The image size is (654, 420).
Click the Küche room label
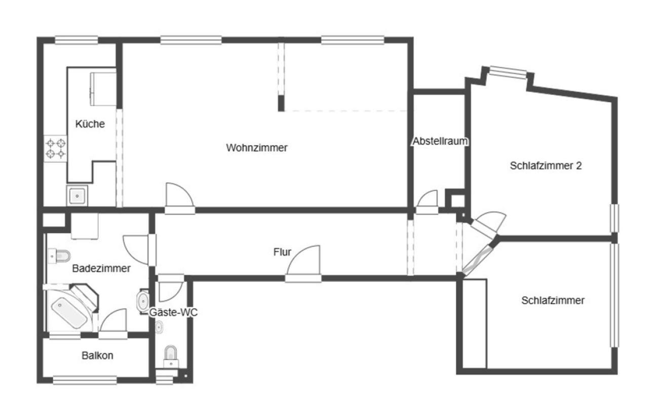[90, 124]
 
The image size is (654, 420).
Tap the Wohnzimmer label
[257, 148]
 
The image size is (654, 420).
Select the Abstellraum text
[440, 141]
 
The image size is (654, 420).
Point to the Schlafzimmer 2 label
[546, 165]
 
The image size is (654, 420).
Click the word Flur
[282, 252]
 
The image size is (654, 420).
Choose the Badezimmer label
[101, 268]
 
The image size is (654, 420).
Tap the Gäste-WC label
[173, 312]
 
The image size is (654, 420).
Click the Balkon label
[97, 356]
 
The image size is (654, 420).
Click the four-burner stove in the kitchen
[56, 149]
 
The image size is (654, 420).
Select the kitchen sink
[77, 196]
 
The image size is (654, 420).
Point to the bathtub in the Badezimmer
[69, 313]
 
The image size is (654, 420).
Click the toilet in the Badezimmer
[59, 257]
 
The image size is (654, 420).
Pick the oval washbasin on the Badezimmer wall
[143, 301]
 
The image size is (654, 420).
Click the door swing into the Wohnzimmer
[179, 195]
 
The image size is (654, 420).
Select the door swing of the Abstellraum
[428, 198]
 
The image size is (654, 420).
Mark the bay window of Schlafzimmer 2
[508, 72]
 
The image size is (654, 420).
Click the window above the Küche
[76, 40]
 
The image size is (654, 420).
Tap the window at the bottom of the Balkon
[85, 380]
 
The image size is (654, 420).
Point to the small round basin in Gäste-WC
[159, 327]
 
